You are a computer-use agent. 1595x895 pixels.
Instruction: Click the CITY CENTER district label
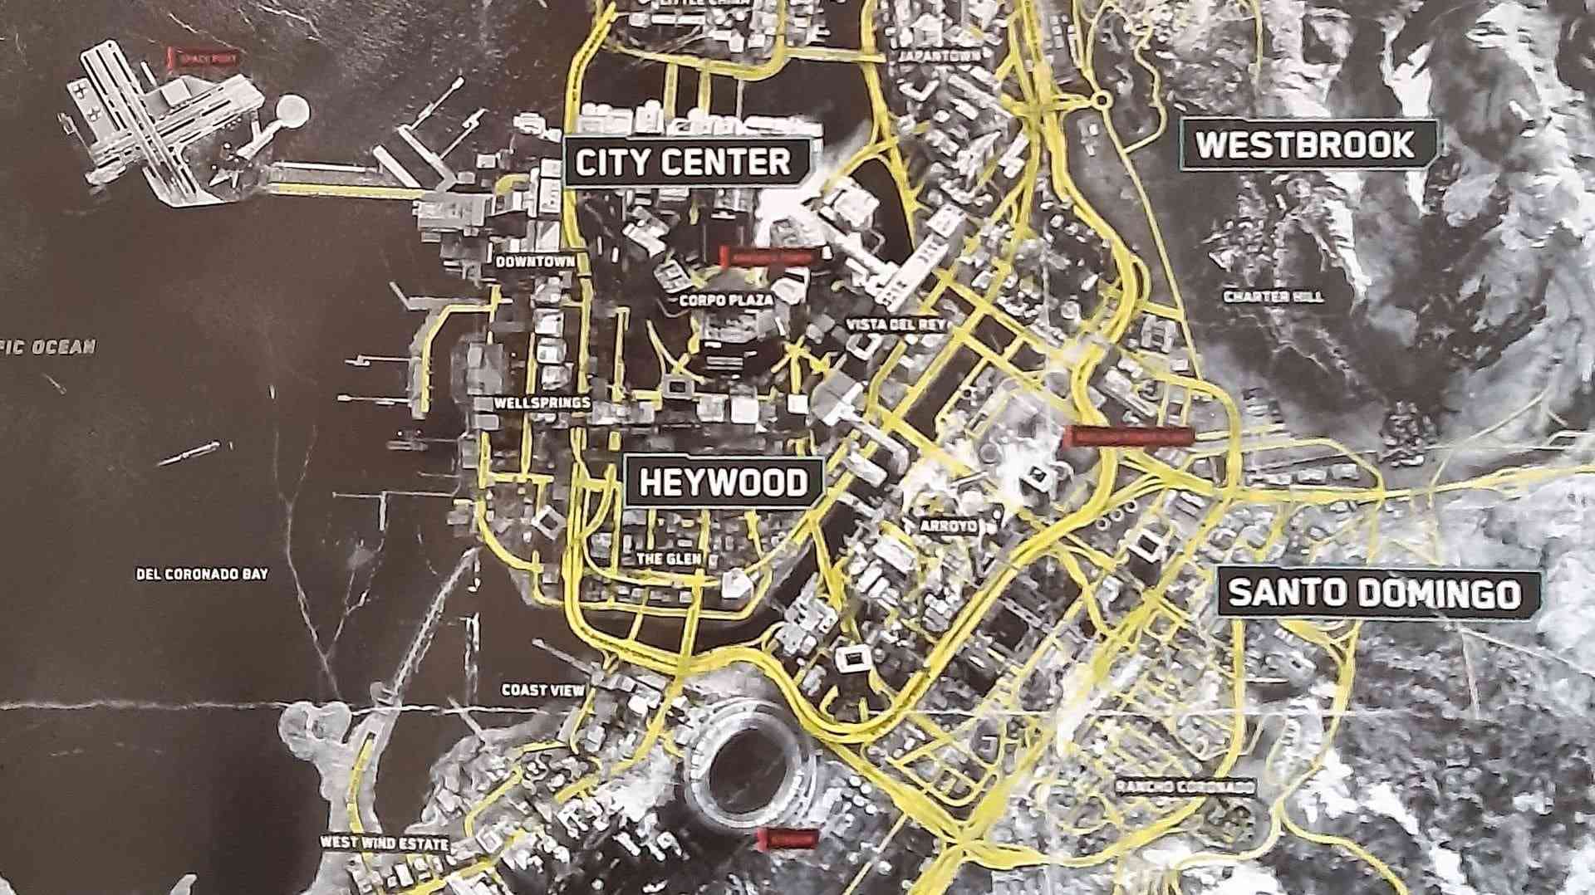point(683,162)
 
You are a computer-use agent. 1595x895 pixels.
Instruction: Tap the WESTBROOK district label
point(1305,145)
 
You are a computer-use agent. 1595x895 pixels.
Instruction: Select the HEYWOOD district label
point(723,482)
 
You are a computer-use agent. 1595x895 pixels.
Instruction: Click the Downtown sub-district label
point(535,262)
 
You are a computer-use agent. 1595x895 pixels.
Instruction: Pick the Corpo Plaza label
point(727,301)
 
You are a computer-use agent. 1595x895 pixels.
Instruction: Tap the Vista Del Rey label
point(896,325)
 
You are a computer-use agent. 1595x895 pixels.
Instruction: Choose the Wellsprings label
point(542,403)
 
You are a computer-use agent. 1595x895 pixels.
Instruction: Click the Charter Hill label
point(1274,296)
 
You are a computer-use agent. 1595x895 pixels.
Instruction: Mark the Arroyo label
point(949,526)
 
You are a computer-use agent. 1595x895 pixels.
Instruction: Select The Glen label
point(669,559)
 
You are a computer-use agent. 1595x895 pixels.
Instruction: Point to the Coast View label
point(543,690)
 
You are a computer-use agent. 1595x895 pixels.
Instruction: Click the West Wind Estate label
point(384,843)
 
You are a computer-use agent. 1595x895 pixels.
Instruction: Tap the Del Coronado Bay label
point(202,574)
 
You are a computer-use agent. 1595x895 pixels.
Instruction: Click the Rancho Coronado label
point(1185,786)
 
